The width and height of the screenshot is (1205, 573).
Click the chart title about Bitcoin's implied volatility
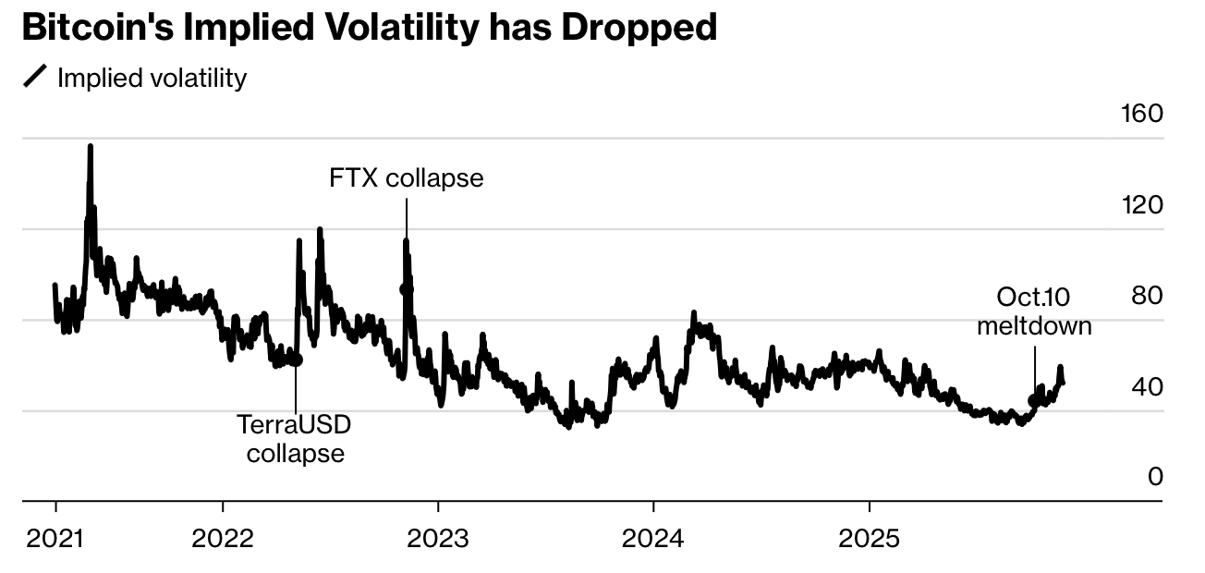369,29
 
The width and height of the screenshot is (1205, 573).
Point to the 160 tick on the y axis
1141,114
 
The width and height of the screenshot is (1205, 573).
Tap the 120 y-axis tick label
1141,205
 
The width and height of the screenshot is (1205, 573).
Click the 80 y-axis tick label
1147,296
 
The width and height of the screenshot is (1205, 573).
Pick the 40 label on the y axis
1147,386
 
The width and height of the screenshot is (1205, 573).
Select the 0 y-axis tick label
1154,477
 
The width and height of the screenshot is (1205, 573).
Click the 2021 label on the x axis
55,538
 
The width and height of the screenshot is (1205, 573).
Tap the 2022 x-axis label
223,538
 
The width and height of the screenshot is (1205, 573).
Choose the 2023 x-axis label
438,538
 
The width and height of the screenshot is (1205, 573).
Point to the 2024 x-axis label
653,538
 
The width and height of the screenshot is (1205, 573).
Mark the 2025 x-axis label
869,538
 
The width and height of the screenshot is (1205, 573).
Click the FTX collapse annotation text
406,177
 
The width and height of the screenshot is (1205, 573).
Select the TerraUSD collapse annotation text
295,439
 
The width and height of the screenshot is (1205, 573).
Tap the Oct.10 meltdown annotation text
1034,311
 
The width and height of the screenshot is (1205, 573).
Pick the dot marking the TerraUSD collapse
296,360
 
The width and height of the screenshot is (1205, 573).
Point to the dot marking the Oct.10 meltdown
1034,400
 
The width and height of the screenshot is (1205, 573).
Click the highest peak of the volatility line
90,146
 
